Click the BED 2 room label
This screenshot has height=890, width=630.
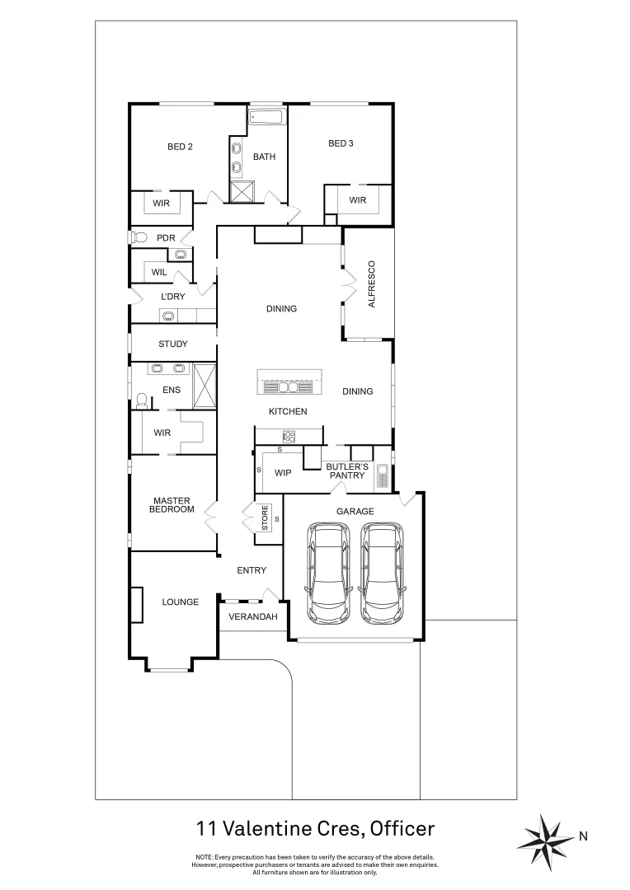tap(180, 148)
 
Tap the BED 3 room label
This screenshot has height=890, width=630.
tap(341, 143)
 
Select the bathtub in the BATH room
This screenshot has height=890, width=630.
tap(266, 119)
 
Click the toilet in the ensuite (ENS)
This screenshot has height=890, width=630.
tap(142, 400)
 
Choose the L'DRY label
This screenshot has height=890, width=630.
tap(172, 296)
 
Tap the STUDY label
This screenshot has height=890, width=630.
tap(173, 344)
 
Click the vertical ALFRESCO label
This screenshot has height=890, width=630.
tap(371, 284)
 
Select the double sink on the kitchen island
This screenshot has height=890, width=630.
tap(286, 386)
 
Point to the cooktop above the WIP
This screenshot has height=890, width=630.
tap(289, 435)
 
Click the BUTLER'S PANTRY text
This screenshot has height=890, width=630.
tap(346, 471)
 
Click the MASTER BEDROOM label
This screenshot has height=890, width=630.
tap(171, 504)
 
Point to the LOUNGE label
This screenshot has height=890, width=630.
tap(180, 602)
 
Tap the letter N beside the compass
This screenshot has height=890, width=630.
tap(583, 836)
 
